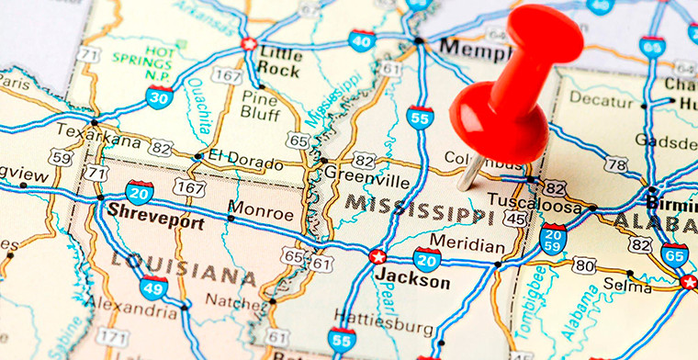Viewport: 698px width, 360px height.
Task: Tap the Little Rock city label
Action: coord(279,60)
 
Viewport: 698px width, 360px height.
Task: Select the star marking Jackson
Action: coord(377,257)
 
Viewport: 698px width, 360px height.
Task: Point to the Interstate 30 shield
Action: coord(159,96)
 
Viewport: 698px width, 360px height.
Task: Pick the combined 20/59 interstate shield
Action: coord(553,239)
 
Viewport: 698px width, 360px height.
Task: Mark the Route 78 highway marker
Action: coord(616,165)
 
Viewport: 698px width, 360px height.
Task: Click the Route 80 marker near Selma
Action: coord(583,265)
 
